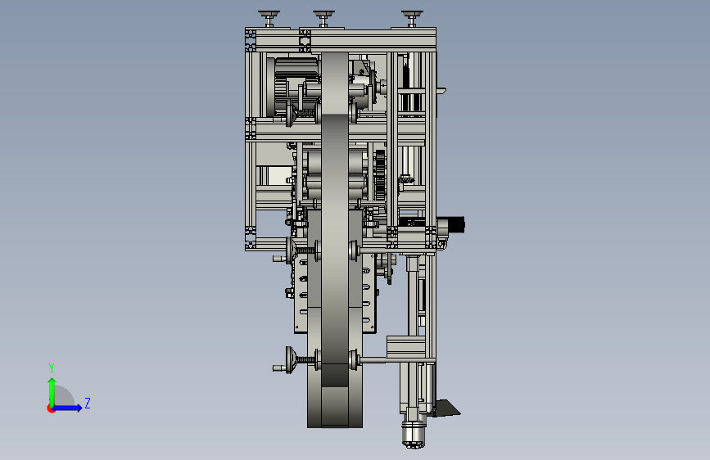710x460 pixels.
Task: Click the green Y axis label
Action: point(52,368)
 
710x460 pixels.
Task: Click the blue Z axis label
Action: point(88,403)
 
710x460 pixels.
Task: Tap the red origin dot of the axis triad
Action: point(51,408)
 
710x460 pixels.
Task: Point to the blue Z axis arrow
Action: point(68,408)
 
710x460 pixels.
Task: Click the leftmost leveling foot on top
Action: point(269,19)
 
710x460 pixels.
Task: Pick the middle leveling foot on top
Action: point(323,19)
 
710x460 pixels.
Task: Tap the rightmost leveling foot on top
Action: point(412,19)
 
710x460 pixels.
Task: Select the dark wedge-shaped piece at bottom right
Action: point(446,408)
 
